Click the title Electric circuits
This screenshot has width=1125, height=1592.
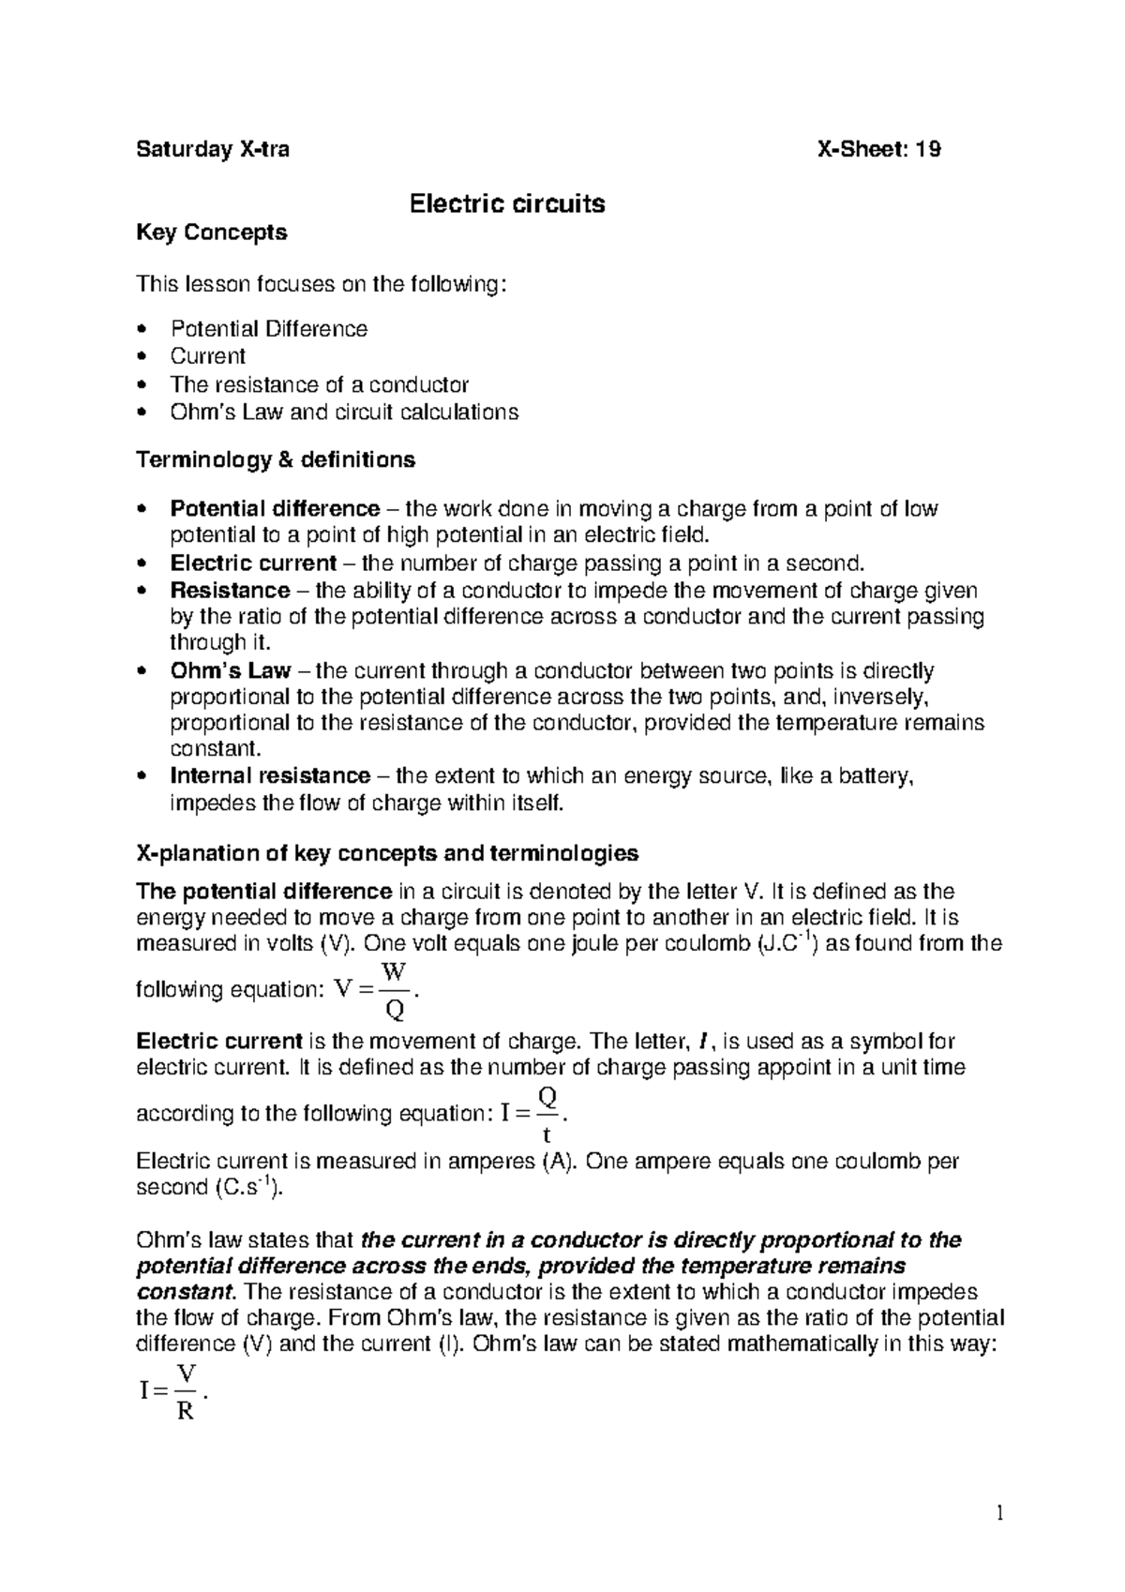(507, 203)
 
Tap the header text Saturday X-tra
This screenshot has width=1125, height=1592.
(213, 149)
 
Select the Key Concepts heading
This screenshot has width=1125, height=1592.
(212, 232)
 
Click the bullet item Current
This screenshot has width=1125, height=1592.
(207, 356)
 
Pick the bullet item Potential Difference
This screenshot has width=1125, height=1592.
(268, 329)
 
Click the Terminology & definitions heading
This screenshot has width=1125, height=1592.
(276, 460)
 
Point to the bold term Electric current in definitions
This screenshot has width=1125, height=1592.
(252, 563)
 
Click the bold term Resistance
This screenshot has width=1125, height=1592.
(230, 591)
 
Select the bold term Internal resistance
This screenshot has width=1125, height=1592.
(270, 776)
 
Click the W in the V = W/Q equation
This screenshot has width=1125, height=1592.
(396, 971)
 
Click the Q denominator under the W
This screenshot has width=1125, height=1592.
(396, 1010)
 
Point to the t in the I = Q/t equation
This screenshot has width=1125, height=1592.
(547, 1135)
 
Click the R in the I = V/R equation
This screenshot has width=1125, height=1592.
(185, 1411)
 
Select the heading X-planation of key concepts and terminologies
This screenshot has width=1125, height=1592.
(387, 853)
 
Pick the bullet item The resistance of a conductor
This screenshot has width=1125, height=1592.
(319, 384)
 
